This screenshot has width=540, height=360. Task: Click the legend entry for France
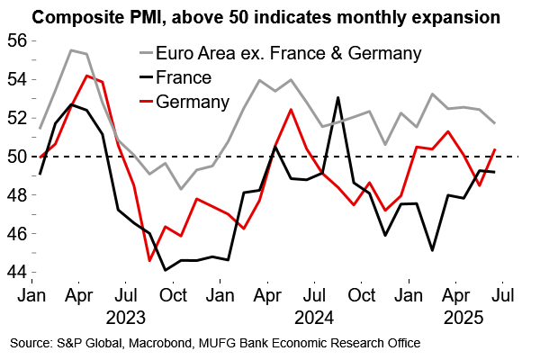[x=184, y=77]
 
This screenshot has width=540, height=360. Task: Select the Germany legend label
[x=193, y=100]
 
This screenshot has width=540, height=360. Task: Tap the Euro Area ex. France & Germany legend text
[x=288, y=54]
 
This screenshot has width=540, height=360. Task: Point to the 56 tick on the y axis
[x=16, y=40]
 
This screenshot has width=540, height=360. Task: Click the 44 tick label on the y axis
[x=16, y=272]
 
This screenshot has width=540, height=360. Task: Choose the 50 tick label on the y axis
[x=16, y=157]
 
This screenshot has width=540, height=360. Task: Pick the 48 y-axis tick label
[x=16, y=195]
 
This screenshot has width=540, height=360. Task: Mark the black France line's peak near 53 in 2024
[x=337, y=98]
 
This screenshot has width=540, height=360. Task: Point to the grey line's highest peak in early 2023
[x=71, y=50]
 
